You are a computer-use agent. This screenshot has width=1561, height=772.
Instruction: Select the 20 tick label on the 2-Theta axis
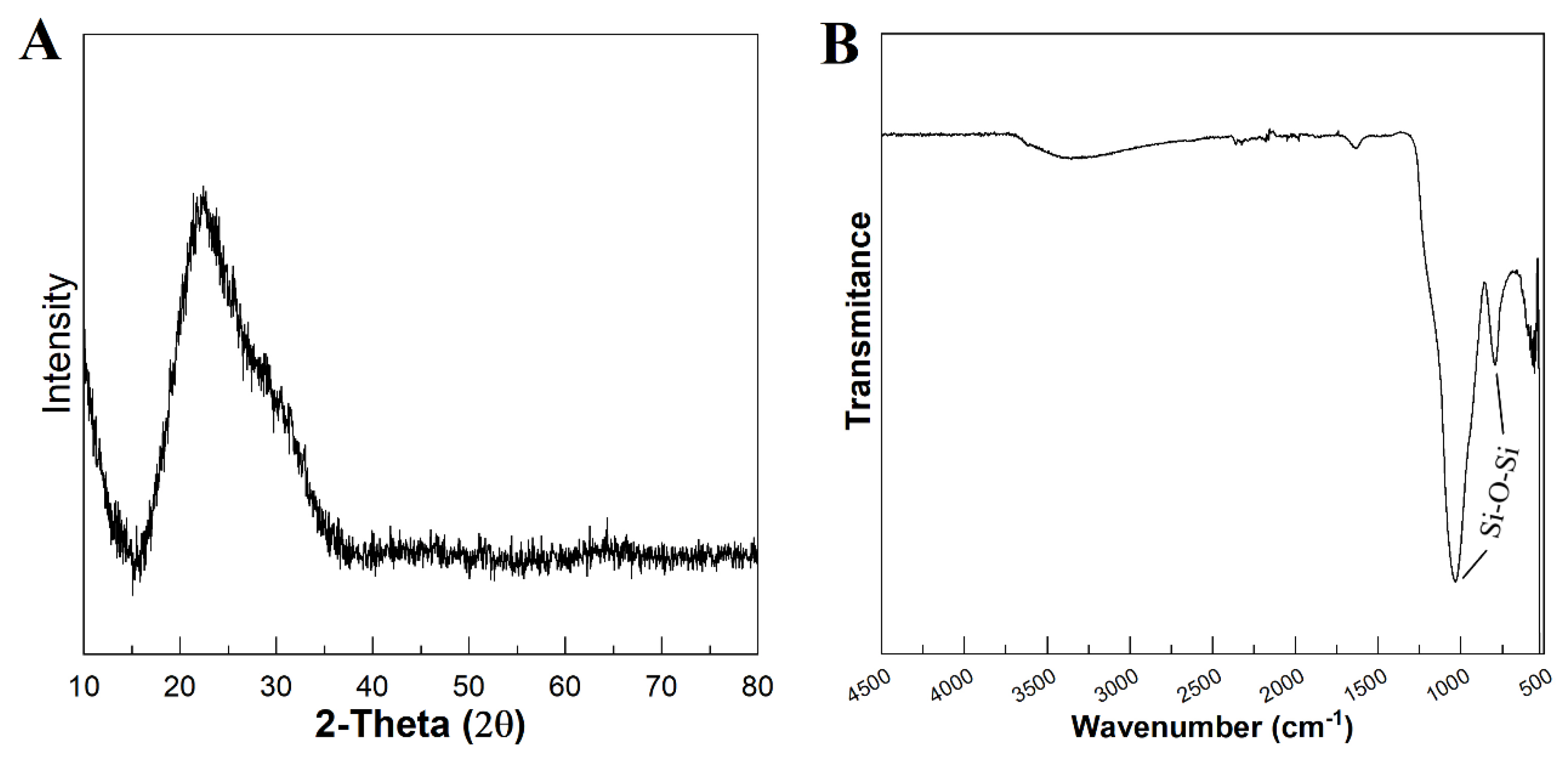pyautogui.click(x=179, y=686)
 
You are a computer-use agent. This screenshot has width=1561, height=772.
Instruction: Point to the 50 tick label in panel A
pyautogui.click(x=468, y=686)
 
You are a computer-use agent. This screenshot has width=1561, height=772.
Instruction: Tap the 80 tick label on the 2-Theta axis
pyautogui.click(x=757, y=686)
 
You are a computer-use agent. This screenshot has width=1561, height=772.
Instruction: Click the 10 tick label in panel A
pyautogui.click(x=84, y=686)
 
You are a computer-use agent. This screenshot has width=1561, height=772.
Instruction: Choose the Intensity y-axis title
pyautogui.click(x=57, y=343)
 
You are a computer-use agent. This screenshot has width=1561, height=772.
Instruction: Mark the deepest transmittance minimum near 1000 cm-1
pyautogui.click(x=1455, y=581)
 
